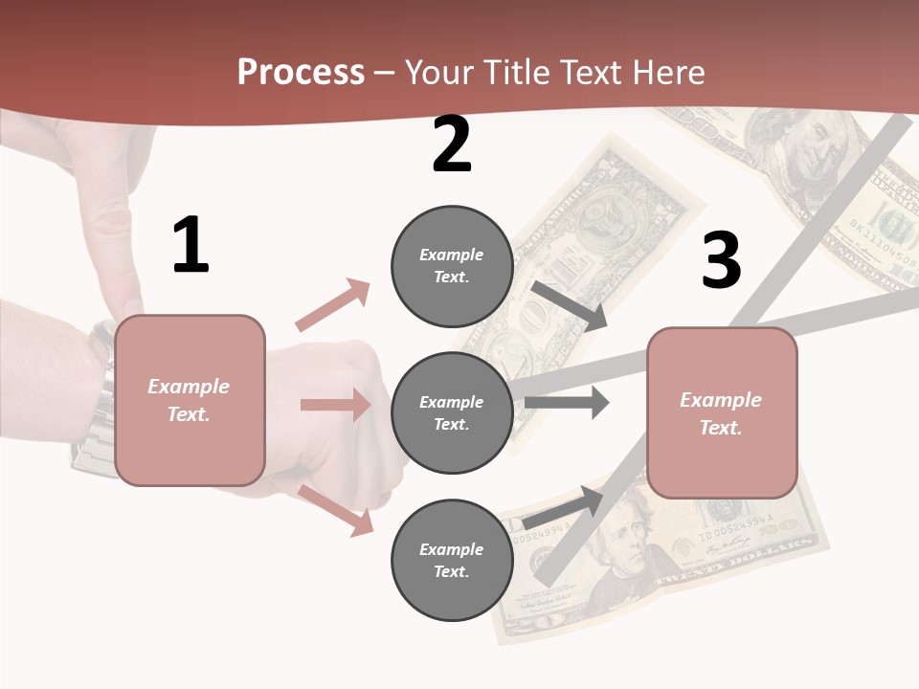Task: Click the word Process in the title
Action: pos(301,73)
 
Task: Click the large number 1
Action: pos(191,245)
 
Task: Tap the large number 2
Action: pos(452,144)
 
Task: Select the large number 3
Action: pos(721,260)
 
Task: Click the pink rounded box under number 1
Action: pos(190,400)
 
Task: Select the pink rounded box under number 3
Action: pos(722,413)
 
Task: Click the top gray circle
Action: pos(452,266)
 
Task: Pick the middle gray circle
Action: pos(452,413)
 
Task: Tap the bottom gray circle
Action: pos(452,561)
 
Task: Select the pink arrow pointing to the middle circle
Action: pos(335,405)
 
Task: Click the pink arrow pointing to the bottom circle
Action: pos(335,509)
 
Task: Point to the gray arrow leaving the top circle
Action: pos(570,305)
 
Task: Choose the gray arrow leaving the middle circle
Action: pos(566,403)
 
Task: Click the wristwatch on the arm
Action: pos(96,402)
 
